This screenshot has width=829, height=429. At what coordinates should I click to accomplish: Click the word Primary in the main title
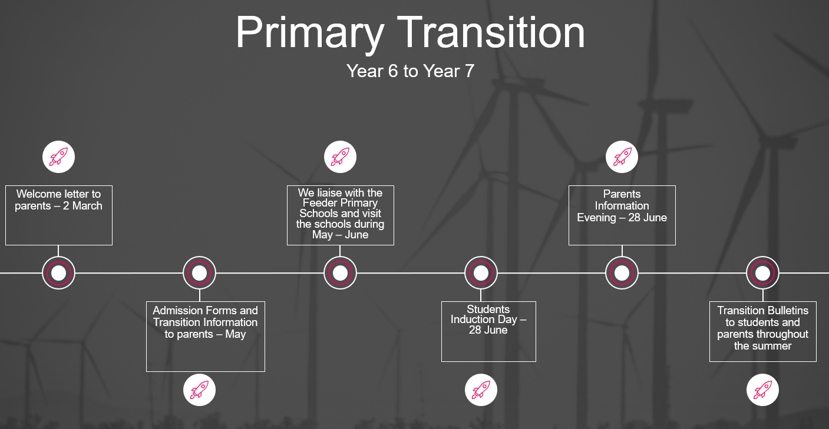coord(310,34)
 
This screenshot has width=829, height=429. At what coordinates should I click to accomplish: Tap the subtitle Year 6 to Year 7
coord(410,71)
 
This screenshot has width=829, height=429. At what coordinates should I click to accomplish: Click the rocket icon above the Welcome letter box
coord(58,157)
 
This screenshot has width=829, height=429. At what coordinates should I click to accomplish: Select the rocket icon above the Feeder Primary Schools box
coord(340,157)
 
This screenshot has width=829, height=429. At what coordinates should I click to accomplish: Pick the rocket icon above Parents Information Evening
coord(622,157)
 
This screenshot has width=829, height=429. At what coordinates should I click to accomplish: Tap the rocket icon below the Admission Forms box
coord(200,390)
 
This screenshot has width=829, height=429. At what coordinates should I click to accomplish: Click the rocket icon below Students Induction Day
coord(481,390)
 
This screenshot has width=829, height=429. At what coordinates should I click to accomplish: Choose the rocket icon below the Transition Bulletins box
coord(763,390)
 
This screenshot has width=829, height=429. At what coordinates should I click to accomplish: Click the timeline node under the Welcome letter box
coord(58,273)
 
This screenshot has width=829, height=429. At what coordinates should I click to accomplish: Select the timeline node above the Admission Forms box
coord(200,273)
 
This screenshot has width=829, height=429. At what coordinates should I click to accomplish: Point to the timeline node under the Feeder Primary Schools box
coord(340,273)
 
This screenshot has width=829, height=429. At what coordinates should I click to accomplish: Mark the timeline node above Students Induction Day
coord(481,273)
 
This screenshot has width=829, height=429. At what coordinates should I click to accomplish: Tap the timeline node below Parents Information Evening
coord(622,273)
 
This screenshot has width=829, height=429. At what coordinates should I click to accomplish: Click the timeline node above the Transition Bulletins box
coord(763,273)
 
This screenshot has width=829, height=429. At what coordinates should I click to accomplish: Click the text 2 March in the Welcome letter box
coord(82,206)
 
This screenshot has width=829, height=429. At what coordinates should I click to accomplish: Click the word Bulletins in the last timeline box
coord(786,310)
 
